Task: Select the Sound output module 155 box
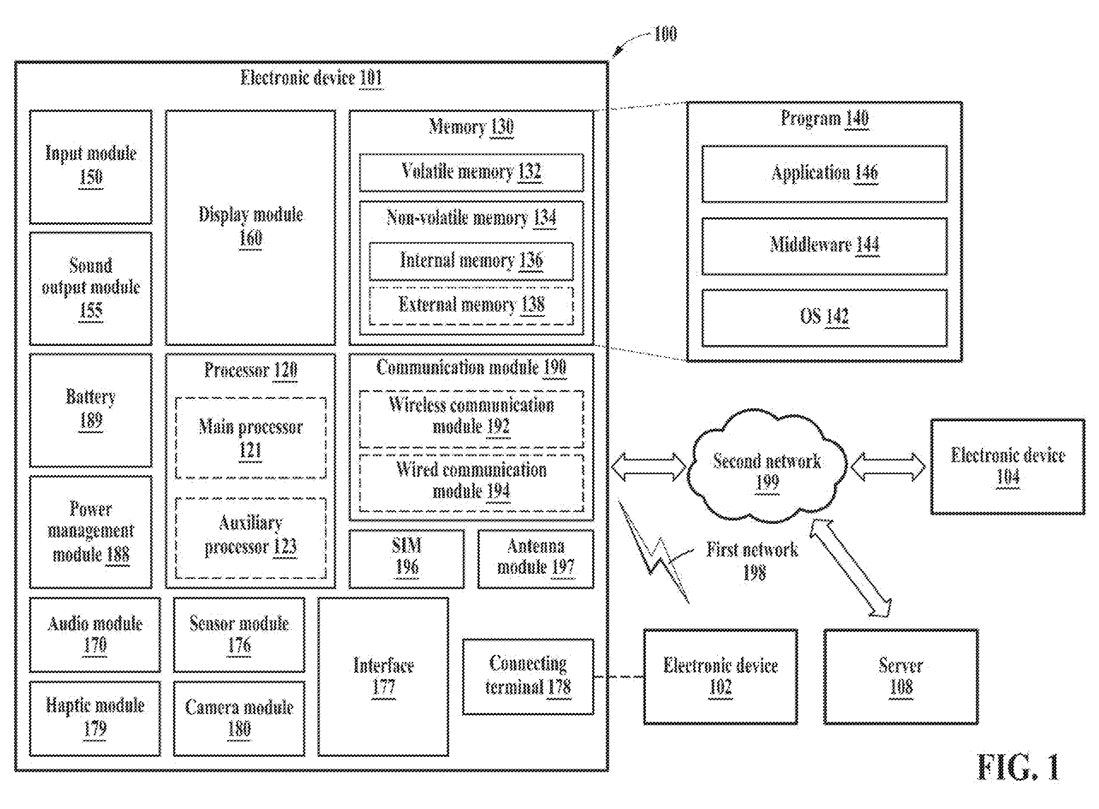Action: click(x=91, y=289)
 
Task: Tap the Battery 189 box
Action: click(x=91, y=410)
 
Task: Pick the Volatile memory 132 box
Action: click(x=471, y=172)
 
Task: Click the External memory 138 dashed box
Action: click(x=471, y=306)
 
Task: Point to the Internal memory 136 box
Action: click(x=471, y=261)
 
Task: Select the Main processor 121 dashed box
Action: click(x=250, y=438)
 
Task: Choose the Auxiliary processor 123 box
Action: click(x=250, y=538)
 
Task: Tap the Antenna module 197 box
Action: click(x=536, y=559)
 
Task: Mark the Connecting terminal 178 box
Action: click(x=528, y=676)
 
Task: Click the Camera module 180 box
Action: click(x=239, y=718)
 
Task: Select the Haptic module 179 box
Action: click(x=95, y=718)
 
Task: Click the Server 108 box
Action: click(x=901, y=676)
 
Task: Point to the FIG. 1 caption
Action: click(x=1018, y=767)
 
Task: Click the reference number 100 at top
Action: click(x=665, y=34)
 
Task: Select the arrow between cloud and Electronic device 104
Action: click(x=888, y=466)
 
